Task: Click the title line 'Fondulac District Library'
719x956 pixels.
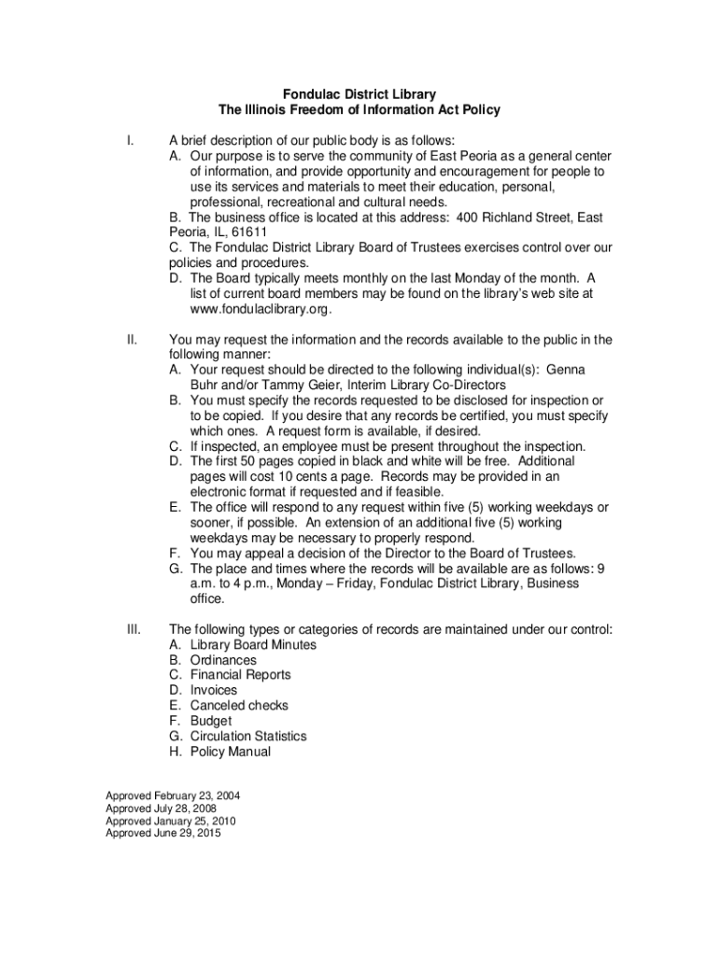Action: click(359, 94)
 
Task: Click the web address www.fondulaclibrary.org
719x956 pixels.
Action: click(261, 309)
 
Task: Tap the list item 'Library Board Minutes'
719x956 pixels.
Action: click(253, 645)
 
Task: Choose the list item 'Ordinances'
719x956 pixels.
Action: click(223, 660)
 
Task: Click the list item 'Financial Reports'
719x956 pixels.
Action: click(240, 675)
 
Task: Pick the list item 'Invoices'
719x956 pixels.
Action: click(214, 691)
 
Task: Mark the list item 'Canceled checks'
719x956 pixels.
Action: click(239, 706)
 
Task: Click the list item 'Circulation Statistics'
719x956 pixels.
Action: click(247, 737)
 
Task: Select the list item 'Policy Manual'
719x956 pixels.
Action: click(230, 752)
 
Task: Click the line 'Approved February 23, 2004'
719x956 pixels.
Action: click(173, 795)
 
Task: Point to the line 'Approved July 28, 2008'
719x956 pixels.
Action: click(162, 808)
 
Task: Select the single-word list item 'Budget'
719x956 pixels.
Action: click(210, 721)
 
